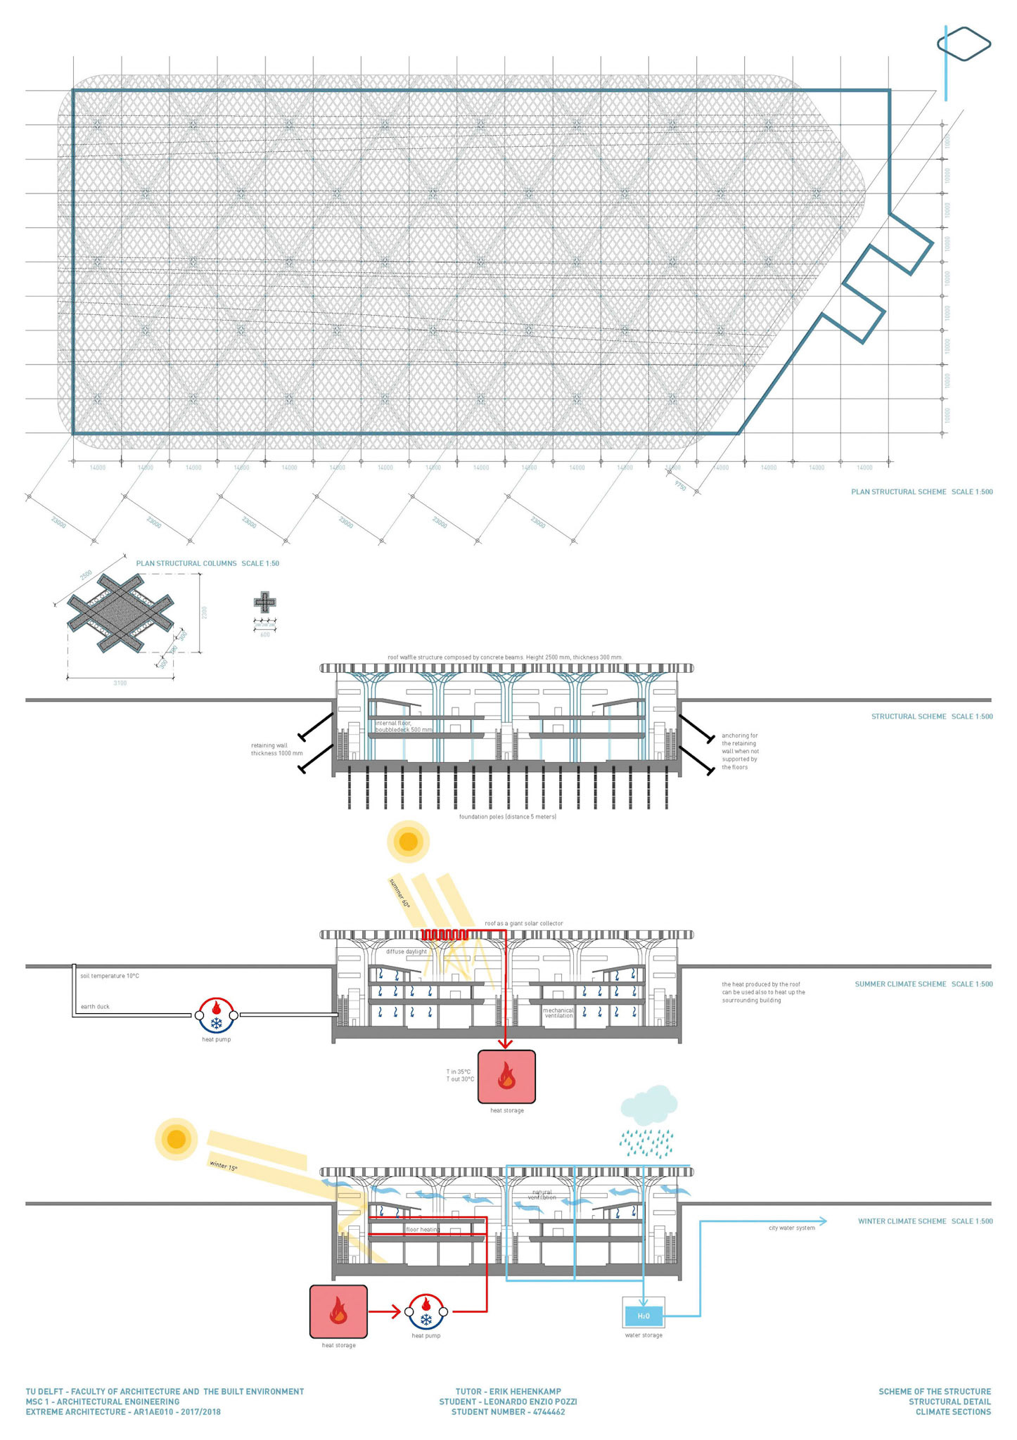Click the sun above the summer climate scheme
tap(408, 842)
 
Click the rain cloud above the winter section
tap(648, 1106)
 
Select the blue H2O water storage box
tap(644, 1316)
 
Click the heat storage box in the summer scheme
tap(506, 1076)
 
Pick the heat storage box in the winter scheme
tap(338, 1311)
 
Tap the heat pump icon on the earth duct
tap(216, 1015)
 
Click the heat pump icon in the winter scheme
tap(426, 1311)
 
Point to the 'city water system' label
tap(792, 1228)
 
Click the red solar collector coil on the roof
tap(444, 934)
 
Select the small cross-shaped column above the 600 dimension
tap(264, 603)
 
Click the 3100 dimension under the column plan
tap(120, 683)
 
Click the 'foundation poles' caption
tap(507, 816)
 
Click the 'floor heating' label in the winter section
tap(423, 1230)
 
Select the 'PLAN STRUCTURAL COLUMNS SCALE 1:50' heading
tap(207, 563)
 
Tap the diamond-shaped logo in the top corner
tap(964, 44)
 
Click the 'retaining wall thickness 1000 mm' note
tap(276, 750)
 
